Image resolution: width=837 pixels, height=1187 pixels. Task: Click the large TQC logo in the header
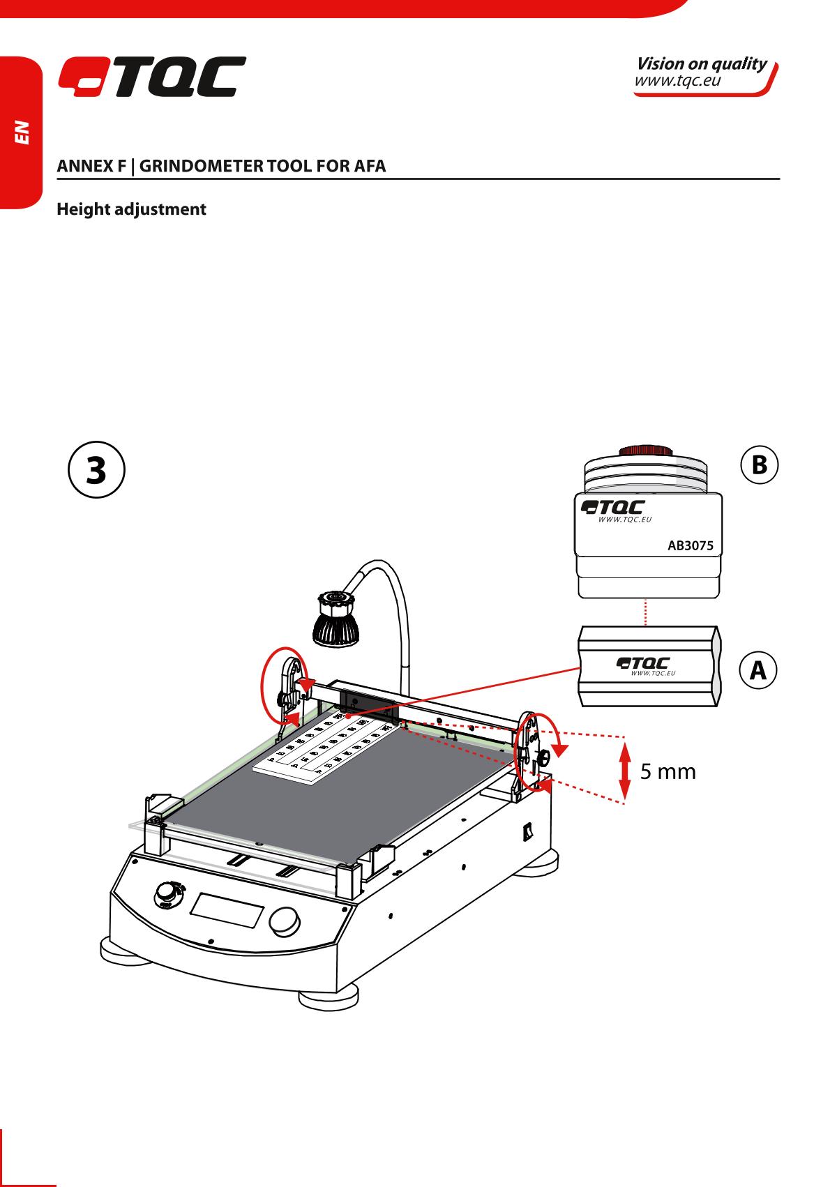(151, 77)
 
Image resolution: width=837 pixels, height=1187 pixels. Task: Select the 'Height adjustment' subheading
(131, 209)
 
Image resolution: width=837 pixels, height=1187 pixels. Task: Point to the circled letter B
(758, 464)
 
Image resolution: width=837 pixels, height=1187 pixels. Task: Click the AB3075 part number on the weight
(691, 546)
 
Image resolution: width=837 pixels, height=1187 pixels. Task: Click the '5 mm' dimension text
(668, 771)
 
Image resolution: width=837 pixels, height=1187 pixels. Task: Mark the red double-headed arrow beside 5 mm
(625, 771)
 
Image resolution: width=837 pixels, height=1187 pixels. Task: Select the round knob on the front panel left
(167, 893)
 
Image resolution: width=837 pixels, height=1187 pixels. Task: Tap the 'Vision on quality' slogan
(701, 63)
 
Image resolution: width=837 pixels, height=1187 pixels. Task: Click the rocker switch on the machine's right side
(528, 830)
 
